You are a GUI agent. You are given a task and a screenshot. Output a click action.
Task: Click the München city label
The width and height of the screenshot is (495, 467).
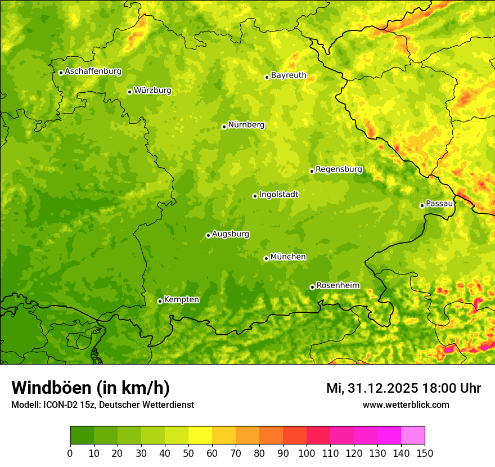(288, 257)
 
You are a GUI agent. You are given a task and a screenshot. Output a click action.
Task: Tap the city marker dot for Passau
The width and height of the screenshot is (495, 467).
(422, 205)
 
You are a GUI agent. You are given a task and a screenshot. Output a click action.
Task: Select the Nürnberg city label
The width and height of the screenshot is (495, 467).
(246, 125)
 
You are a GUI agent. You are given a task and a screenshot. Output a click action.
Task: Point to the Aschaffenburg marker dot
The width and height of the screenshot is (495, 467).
(61, 73)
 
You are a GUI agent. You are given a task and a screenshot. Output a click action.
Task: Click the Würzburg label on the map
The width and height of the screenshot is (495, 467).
(152, 91)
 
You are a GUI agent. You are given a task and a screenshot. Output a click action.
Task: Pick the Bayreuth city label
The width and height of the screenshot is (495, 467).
(289, 75)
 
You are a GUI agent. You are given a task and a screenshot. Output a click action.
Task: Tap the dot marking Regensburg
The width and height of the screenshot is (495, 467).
(312, 171)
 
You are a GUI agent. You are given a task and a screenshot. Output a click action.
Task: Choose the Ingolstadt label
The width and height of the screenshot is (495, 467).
(278, 195)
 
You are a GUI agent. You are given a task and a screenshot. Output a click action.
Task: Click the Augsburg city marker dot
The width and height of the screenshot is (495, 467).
(208, 235)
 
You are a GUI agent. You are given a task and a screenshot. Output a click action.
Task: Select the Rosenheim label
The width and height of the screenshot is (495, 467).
(337, 286)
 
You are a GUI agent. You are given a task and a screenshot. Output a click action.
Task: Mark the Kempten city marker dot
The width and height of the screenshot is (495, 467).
(160, 301)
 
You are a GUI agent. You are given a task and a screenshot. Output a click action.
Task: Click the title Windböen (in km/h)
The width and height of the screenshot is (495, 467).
(91, 388)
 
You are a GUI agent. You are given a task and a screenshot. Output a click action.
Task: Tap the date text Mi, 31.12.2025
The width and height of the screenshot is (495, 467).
(372, 388)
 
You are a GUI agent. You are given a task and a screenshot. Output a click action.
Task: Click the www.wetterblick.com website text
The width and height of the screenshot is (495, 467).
(406, 405)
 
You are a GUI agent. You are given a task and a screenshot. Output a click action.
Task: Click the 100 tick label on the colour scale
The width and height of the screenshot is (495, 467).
(307, 453)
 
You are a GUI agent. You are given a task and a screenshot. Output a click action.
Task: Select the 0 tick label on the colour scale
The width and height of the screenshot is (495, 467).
(70, 453)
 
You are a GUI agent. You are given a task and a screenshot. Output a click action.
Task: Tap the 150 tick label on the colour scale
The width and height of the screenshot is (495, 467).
(425, 453)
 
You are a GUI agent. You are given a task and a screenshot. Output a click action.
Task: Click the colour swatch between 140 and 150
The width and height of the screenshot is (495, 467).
(413, 435)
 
